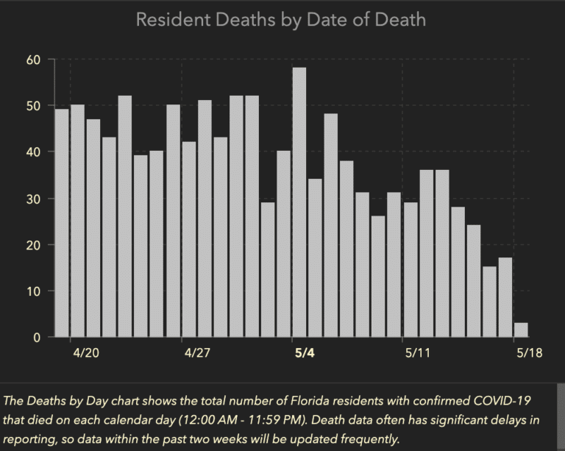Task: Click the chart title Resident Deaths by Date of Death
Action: (280, 19)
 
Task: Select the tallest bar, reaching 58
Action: (299, 202)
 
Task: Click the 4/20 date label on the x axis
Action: (87, 353)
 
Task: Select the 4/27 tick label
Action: (197, 353)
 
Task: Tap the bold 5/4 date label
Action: (304, 353)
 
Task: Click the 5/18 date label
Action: (529, 353)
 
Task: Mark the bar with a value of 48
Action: (330, 225)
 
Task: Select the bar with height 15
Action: (489, 302)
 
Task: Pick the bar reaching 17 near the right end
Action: (505, 297)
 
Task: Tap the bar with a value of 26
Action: (378, 277)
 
